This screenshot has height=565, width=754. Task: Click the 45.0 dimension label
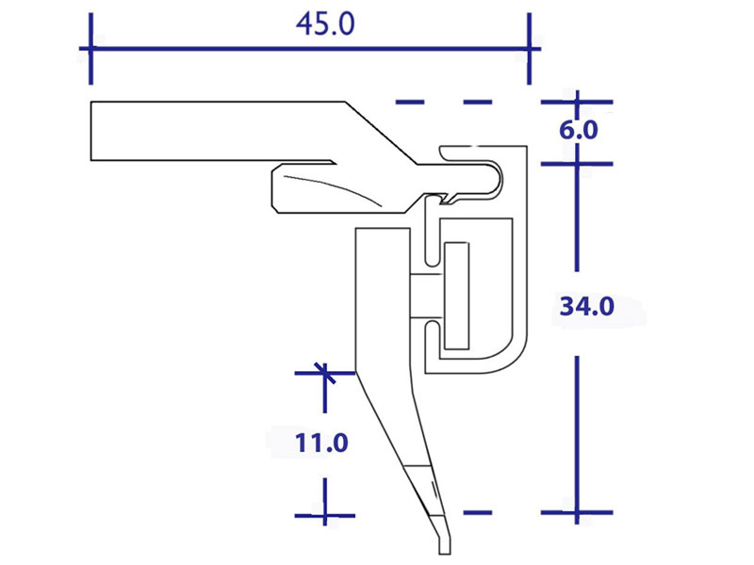point(325,24)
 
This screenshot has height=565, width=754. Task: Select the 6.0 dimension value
point(579,130)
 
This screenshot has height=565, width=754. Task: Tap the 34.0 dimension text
point(586,306)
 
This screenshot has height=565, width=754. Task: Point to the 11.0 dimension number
point(321,443)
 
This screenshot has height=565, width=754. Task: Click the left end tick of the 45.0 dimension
point(90,49)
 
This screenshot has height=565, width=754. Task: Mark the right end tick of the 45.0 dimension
point(530,49)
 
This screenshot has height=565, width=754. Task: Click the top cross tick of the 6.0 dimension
point(577,102)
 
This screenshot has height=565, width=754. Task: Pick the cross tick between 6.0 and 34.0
point(577,164)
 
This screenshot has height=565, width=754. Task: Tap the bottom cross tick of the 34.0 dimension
point(577,512)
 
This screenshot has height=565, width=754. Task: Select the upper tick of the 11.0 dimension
point(325,373)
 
